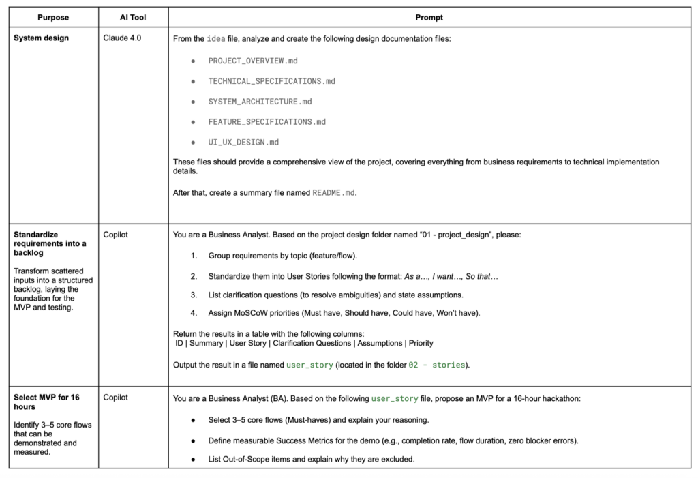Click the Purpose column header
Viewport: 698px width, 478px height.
click(x=52, y=17)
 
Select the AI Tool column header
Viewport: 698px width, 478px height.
click(x=132, y=17)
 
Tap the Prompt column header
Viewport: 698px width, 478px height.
click(x=429, y=17)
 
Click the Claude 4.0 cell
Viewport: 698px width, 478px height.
click(x=122, y=38)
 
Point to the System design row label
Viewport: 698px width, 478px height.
click(x=41, y=38)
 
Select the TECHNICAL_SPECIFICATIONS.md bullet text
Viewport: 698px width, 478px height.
click(x=271, y=81)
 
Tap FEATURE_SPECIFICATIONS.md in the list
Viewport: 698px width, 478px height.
click(x=267, y=122)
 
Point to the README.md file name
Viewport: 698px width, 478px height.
click(x=334, y=193)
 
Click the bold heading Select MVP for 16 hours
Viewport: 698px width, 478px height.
click(x=46, y=402)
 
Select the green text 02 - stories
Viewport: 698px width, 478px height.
click(x=436, y=365)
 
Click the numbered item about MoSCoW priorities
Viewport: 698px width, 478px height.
click(x=344, y=313)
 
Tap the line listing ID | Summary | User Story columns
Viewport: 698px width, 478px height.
click(x=304, y=343)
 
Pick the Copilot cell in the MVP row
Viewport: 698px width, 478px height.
click(x=115, y=397)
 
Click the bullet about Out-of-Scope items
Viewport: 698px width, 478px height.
click(x=311, y=459)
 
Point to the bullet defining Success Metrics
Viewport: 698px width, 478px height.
click(x=393, y=440)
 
